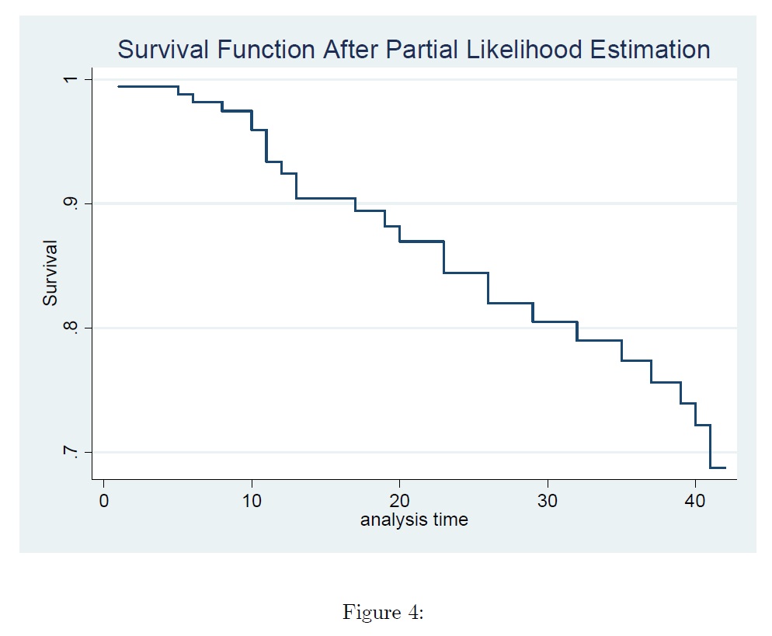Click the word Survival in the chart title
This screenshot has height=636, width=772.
(163, 49)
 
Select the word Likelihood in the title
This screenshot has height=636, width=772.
(523, 49)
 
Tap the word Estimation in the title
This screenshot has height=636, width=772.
(650, 49)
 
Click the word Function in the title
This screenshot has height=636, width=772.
(266, 49)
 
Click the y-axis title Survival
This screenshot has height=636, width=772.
(50, 273)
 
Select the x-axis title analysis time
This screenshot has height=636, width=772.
(414, 520)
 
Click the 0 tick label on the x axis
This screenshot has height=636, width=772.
(104, 501)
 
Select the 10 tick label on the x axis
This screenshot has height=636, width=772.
(252, 501)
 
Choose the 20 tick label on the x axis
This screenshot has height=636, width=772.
(399, 501)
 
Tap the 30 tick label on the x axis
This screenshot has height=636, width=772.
(548, 501)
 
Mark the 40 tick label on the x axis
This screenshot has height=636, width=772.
(695, 501)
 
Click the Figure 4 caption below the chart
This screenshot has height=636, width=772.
(383, 612)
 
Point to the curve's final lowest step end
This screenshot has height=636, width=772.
(725, 467)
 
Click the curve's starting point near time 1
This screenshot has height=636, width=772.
(119, 87)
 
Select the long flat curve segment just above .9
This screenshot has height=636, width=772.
(326, 198)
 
